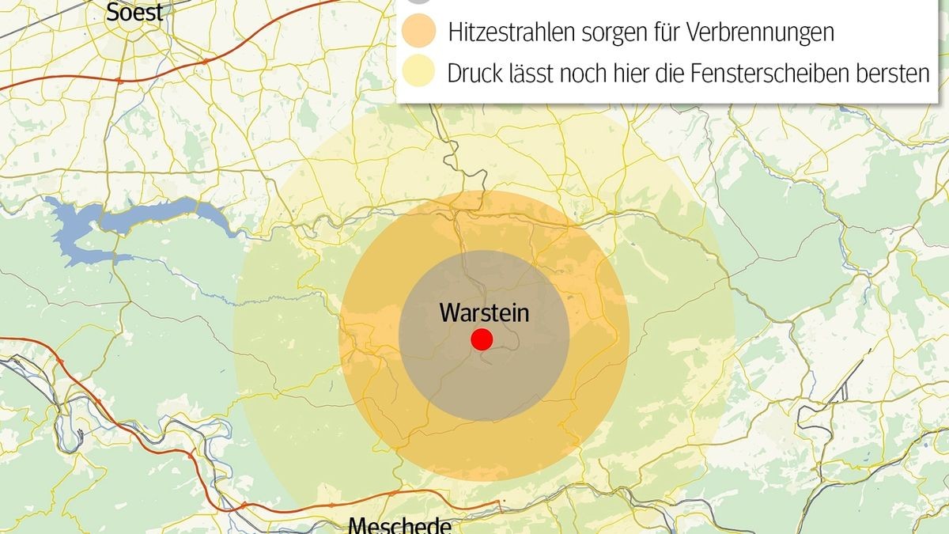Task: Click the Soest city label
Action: point(134,12)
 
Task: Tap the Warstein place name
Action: point(484,312)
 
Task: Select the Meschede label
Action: point(399,525)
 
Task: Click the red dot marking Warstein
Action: point(482,340)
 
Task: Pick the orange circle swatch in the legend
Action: point(418,33)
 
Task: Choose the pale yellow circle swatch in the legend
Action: point(418,74)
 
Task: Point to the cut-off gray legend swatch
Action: point(418,2)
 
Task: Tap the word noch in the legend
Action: point(587,74)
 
